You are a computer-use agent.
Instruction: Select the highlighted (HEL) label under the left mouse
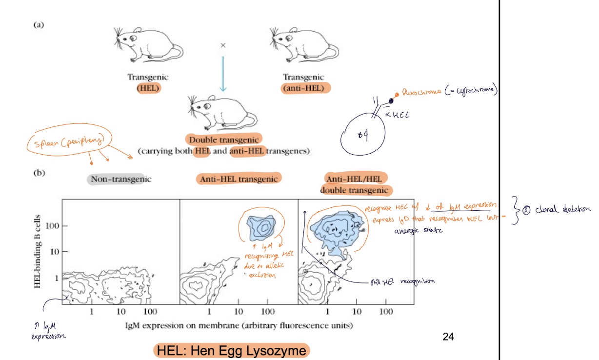coord(147,88)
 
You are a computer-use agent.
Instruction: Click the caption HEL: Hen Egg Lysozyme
coord(232,351)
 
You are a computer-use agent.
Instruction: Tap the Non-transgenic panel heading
coord(120,179)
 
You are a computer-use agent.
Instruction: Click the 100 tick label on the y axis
coord(52,226)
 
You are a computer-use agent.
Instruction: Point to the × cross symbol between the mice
coord(223,45)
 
